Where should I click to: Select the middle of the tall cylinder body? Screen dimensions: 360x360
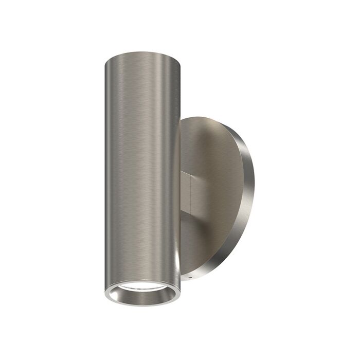142,170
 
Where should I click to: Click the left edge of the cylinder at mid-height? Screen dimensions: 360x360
106,170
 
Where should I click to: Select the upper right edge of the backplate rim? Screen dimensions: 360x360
242,139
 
